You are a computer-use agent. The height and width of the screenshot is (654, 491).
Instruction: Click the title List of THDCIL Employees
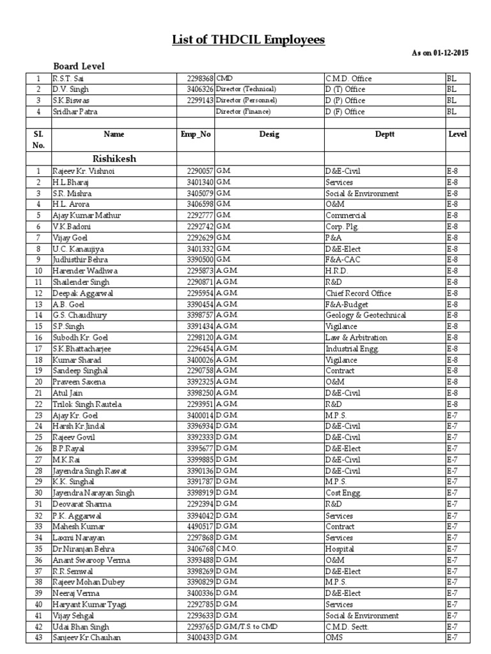[x=248, y=40]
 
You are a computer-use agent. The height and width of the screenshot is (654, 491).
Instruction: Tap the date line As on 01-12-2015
[x=440, y=53]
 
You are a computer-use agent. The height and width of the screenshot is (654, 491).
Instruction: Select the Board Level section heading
[x=79, y=66]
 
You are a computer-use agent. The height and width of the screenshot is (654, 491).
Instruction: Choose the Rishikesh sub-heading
[x=114, y=158]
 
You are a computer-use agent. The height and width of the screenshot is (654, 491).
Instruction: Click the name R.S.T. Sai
[x=68, y=79]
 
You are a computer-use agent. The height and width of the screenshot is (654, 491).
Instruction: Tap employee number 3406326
[x=199, y=89]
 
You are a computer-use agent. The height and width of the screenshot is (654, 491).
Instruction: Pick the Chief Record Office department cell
[x=359, y=293]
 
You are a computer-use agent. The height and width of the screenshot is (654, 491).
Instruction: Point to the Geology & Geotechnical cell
[x=366, y=316]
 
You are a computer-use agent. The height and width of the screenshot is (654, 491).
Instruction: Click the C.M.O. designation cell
[x=228, y=549]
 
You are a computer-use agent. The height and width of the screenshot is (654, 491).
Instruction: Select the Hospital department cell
[x=339, y=549]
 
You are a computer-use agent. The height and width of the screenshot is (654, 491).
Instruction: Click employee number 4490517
[x=199, y=526]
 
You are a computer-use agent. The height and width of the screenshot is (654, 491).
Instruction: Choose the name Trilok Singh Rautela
[x=87, y=404]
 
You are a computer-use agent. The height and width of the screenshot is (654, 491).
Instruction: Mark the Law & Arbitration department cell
[x=356, y=338]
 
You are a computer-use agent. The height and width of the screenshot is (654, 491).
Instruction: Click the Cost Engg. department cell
[x=343, y=493]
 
